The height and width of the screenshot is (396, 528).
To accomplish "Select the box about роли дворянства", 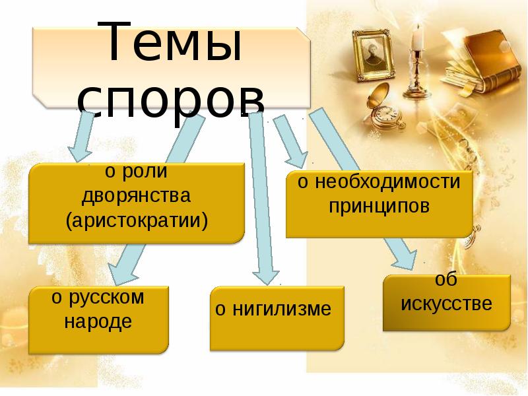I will [137, 203].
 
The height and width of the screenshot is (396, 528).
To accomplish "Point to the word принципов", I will [379, 206].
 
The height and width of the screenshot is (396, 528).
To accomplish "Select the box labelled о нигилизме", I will [277, 317].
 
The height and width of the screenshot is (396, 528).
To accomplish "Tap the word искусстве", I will [447, 305].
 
